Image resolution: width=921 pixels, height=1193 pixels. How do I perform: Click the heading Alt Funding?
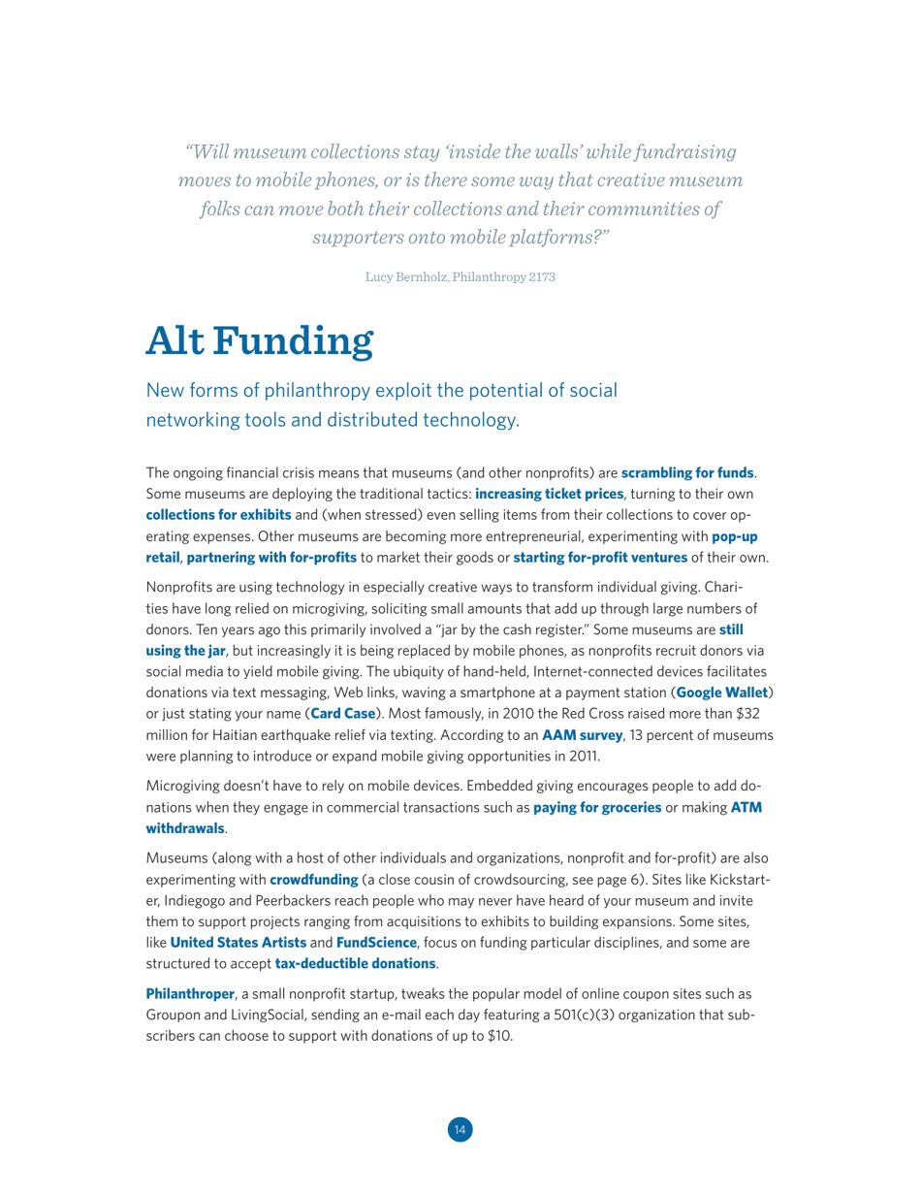pyautogui.click(x=259, y=340)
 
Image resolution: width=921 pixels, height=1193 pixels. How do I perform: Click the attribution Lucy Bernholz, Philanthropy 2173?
pyautogui.click(x=460, y=275)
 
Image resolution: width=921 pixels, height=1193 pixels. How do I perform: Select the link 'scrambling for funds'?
pyautogui.click(x=687, y=473)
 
